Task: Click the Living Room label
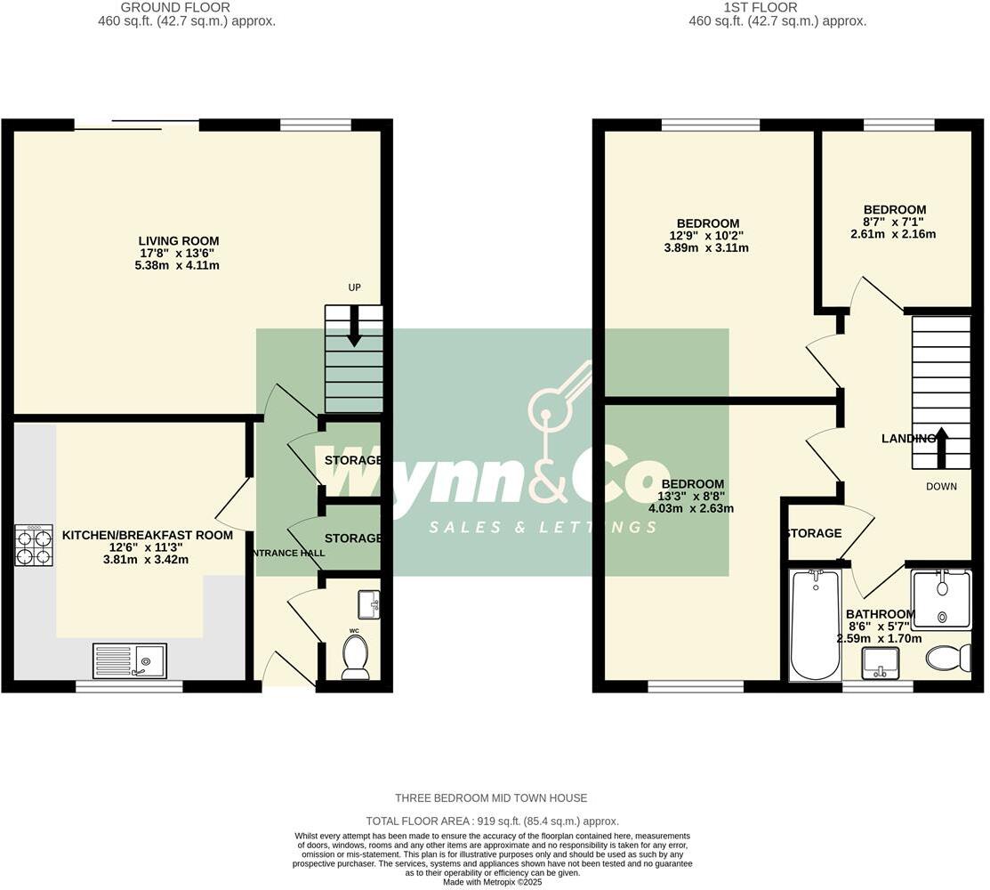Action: pyautogui.click(x=178, y=241)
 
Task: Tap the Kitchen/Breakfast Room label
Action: pyautogui.click(x=147, y=535)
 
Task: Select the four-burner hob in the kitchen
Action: pyautogui.click(x=34, y=546)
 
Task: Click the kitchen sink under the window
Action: pyautogui.click(x=129, y=660)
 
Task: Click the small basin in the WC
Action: pyautogui.click(x=368, y=604)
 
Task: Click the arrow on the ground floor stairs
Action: pyautogui.click(x=353, y=328)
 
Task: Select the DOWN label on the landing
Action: pyautogui.click(x=941, y=487)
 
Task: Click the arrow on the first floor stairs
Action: pyautogui.click(x=941, y=446)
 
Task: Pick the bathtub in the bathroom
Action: pyautogui.click(x=815, y=625)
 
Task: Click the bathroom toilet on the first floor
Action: pyautogui.click(x=948, y=659)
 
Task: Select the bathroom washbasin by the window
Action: pyautogui.click(x=881, y=663)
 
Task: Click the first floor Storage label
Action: pyautogui.click(x=813, y=533)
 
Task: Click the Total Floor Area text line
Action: pyautogui.click(x=492, y=821)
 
